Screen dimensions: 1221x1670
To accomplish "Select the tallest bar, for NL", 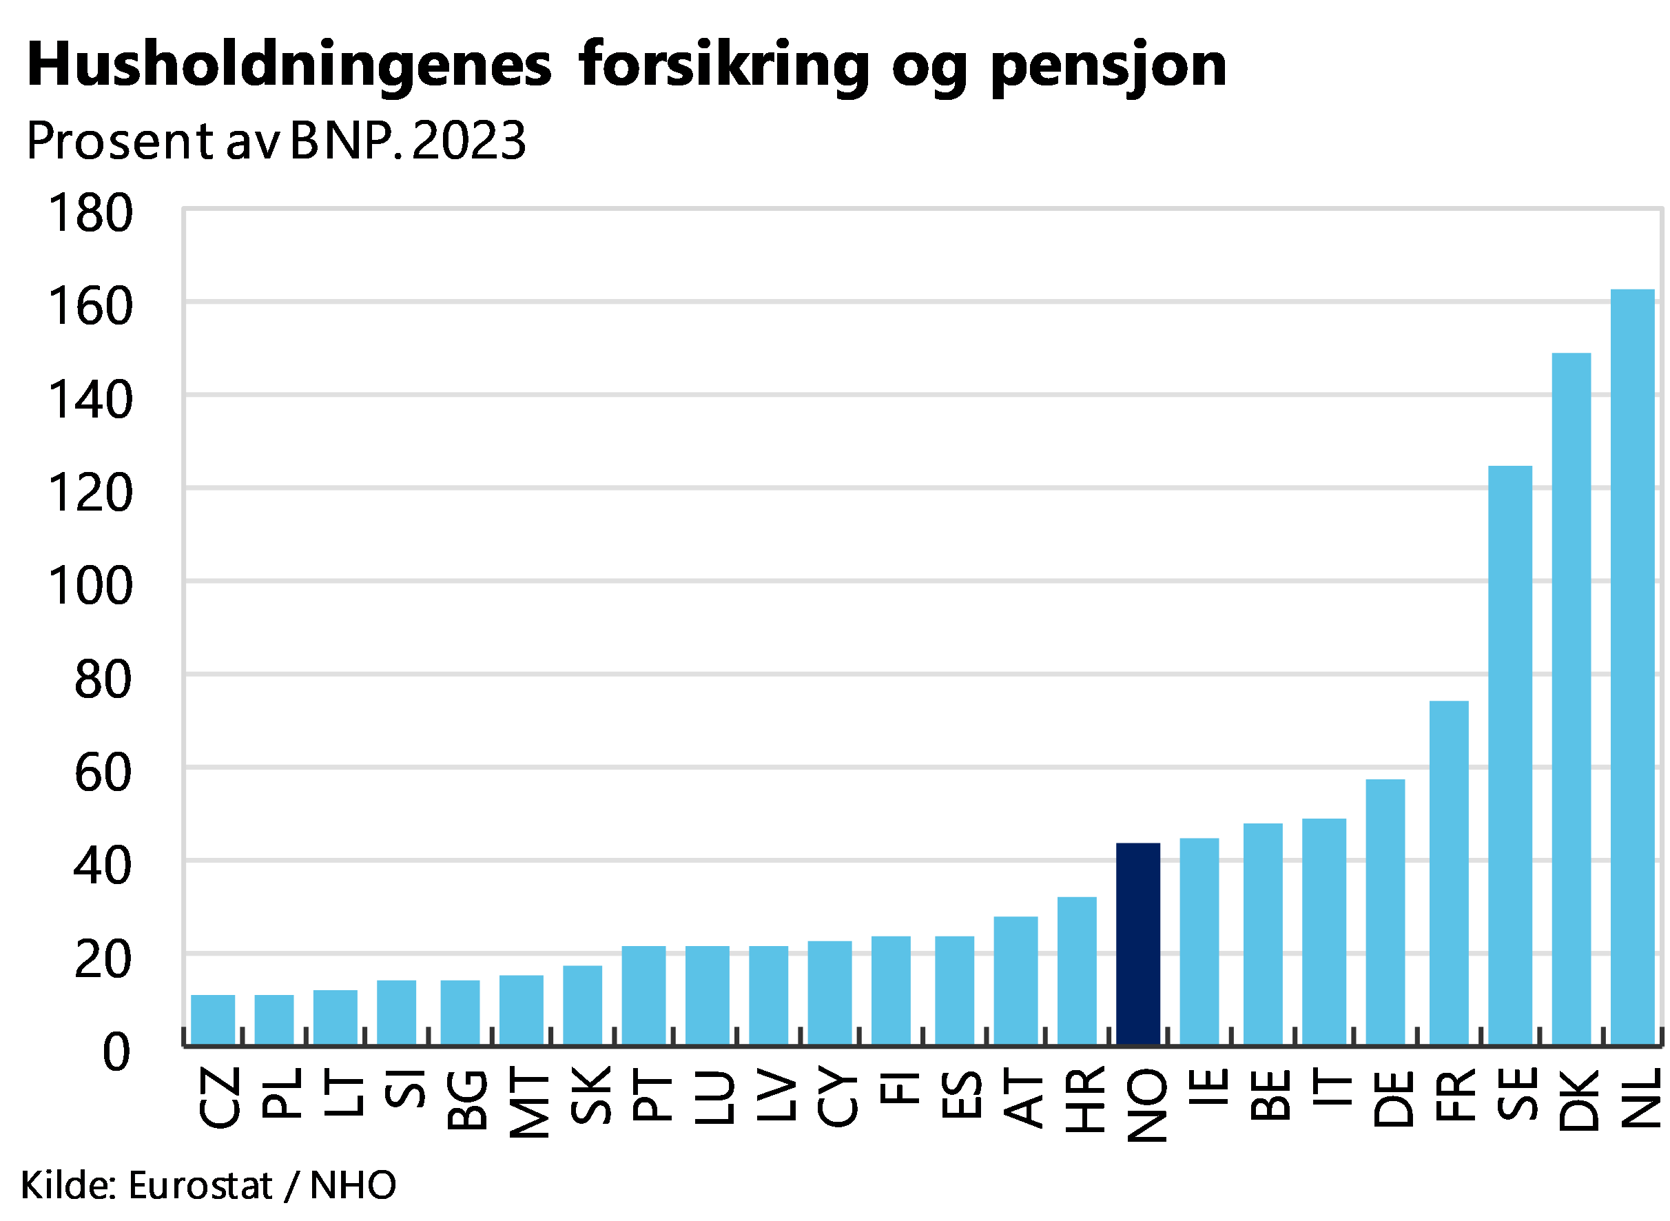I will tap(1632, 666).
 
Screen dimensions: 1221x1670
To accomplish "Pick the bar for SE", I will tap(1509, 755).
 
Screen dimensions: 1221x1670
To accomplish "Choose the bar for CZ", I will tap(213, 1019).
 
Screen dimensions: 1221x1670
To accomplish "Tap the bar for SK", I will tap(582, 1005).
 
